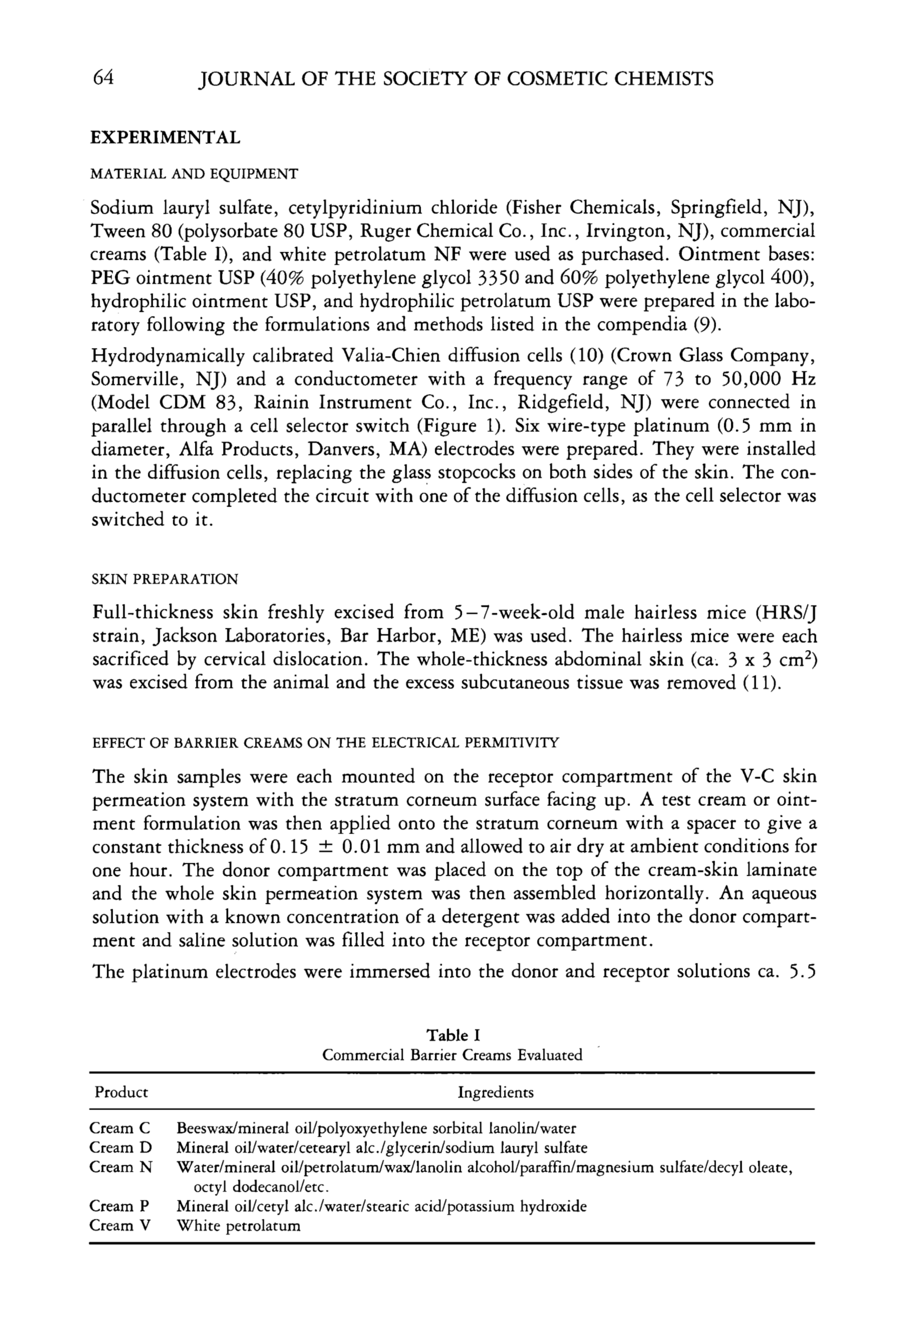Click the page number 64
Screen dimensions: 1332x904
pos(103,77)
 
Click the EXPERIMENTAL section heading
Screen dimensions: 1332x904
pos(165,138)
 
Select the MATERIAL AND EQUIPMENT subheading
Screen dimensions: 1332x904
pos(194,174)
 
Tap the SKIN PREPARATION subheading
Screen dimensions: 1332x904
pos(165,579)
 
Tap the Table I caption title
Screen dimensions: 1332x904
pos(453,1035)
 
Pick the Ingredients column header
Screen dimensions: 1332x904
pos(495,1092)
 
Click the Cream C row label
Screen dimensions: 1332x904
pos(120,1128)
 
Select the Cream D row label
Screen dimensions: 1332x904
pos(120,1147)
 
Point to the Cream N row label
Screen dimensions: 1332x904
pos(120,1167)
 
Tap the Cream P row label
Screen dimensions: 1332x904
pos(119,1206)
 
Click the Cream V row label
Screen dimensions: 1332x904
pos(120,1225)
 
